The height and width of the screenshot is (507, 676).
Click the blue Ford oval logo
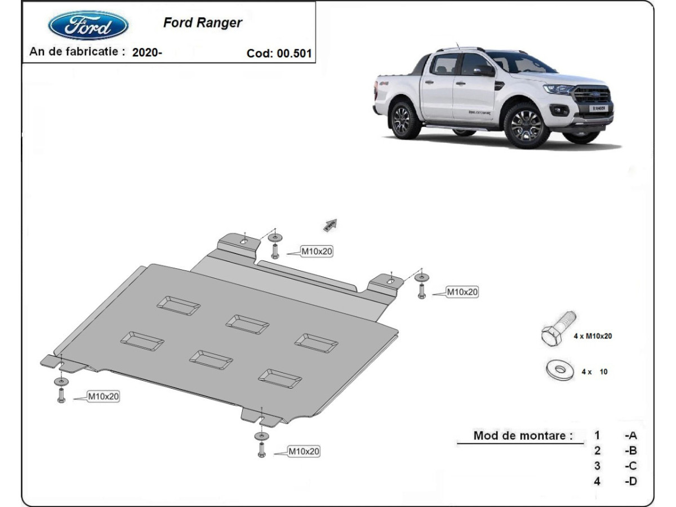click(88, 25)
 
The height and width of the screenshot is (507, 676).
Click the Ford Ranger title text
click(202, 23)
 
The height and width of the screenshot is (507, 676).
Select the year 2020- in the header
click(147, 52)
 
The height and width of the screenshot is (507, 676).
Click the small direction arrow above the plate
click(330, 225)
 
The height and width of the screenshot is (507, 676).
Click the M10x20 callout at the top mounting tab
click(316, 252)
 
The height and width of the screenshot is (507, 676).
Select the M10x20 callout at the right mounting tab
click(462, 292)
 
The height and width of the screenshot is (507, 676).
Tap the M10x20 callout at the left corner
click(103, 397)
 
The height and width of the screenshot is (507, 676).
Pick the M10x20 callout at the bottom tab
click(304, 451)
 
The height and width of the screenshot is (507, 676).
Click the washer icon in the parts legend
click(560, 370)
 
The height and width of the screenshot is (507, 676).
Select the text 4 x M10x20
click(593, 336)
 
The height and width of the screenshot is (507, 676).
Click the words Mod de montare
click(523, 435)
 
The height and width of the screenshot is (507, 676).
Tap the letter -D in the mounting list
click(630, 481)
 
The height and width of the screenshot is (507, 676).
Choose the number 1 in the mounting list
click(597, 435)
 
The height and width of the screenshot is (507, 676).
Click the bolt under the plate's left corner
click(61, 395)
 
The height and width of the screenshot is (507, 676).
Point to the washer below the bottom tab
click(261, 436)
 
